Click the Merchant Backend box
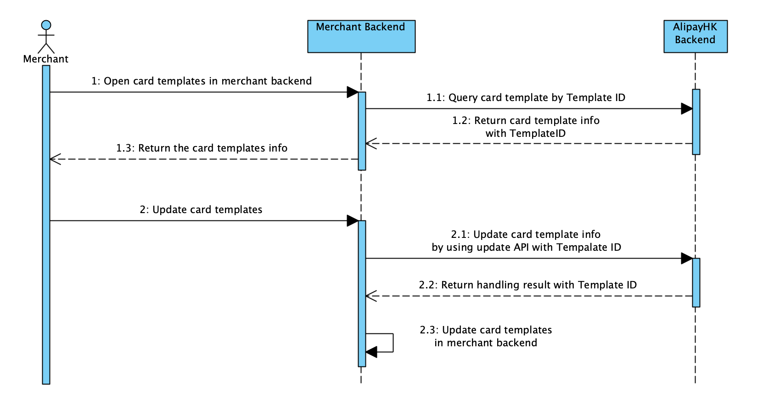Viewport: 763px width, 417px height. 361,36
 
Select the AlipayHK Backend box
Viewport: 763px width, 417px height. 695,36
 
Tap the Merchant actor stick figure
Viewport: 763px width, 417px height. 46,37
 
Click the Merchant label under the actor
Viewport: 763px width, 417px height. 46,59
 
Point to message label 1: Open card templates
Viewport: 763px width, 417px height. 201,81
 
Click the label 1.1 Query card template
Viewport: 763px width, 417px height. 526,98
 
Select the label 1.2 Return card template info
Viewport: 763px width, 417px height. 526,127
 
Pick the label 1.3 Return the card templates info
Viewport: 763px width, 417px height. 202,148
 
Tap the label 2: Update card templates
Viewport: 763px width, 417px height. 201,210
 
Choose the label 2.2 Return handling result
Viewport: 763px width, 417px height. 527,285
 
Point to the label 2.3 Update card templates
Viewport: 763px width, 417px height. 486,336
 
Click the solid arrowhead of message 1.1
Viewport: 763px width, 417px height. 686,109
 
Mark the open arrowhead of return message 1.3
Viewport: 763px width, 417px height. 55,159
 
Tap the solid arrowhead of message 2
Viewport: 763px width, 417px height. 353,221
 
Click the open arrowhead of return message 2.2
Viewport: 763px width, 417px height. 371,296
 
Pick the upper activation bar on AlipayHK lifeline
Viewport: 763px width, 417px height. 696,122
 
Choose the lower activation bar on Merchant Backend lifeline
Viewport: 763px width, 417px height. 362,294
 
